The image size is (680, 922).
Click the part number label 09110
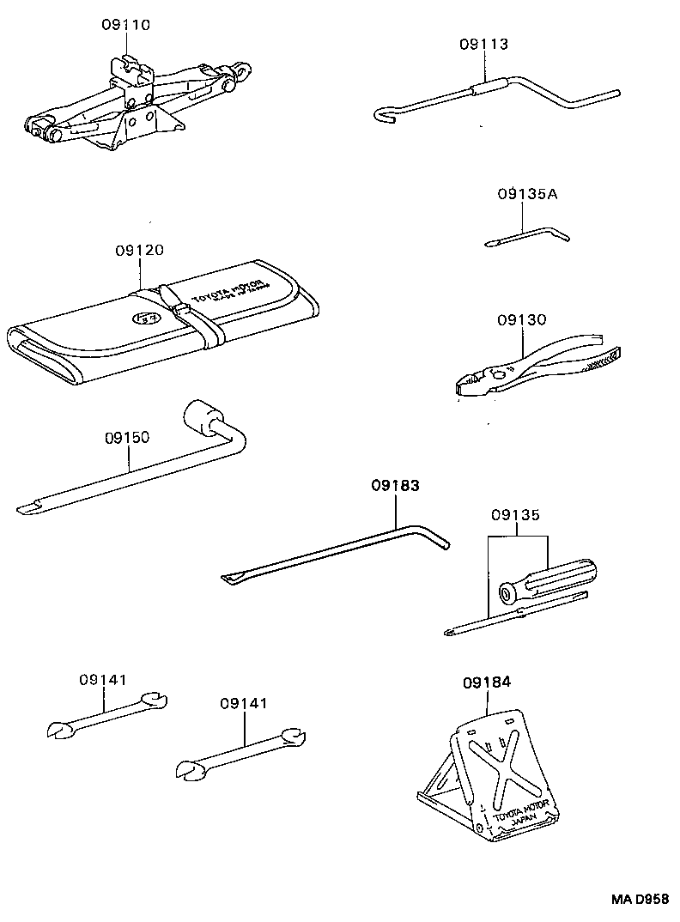(x=125, y=26)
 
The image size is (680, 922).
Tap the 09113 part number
(x=483, y=44)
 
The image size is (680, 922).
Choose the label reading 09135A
(x=526, y=194)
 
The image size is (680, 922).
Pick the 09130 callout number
(x=520, y=319)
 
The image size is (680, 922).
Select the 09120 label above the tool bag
(x=139, y=251)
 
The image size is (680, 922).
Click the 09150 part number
(x=127, y=437)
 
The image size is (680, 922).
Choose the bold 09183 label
(x=396, y=486)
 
